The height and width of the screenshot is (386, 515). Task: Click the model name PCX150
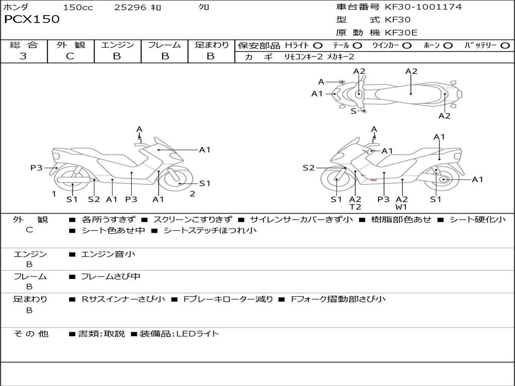click(x=32, y=20)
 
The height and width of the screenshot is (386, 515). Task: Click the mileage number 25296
click(x=130, y=8)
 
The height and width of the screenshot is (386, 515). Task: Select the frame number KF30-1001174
click(x=423, y=7)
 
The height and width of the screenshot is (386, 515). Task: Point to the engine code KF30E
click(x=402, y=33)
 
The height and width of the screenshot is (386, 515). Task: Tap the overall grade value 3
click(x=23, y=56)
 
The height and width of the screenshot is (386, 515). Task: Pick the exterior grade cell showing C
click(x=70, y=56)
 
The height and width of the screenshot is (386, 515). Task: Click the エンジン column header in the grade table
click(x=117, y=45)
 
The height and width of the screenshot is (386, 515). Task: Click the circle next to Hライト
click(x=318, y=46)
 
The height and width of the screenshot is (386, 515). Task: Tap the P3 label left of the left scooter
click(x=36, y=168)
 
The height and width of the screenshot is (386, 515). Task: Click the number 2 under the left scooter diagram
click(x=192, y=194)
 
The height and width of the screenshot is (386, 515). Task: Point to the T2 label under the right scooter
click(x=355, y=207)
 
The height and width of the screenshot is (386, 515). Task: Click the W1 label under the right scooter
click(x=401, y=207)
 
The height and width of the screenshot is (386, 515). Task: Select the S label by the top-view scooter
click(x=353, y=111)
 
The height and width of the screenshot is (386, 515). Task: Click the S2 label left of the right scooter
click(x=308, y=168)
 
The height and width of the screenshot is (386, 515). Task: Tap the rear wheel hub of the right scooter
click(x=443, y=179)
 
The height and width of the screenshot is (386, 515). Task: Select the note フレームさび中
click(x=111, y=276)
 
